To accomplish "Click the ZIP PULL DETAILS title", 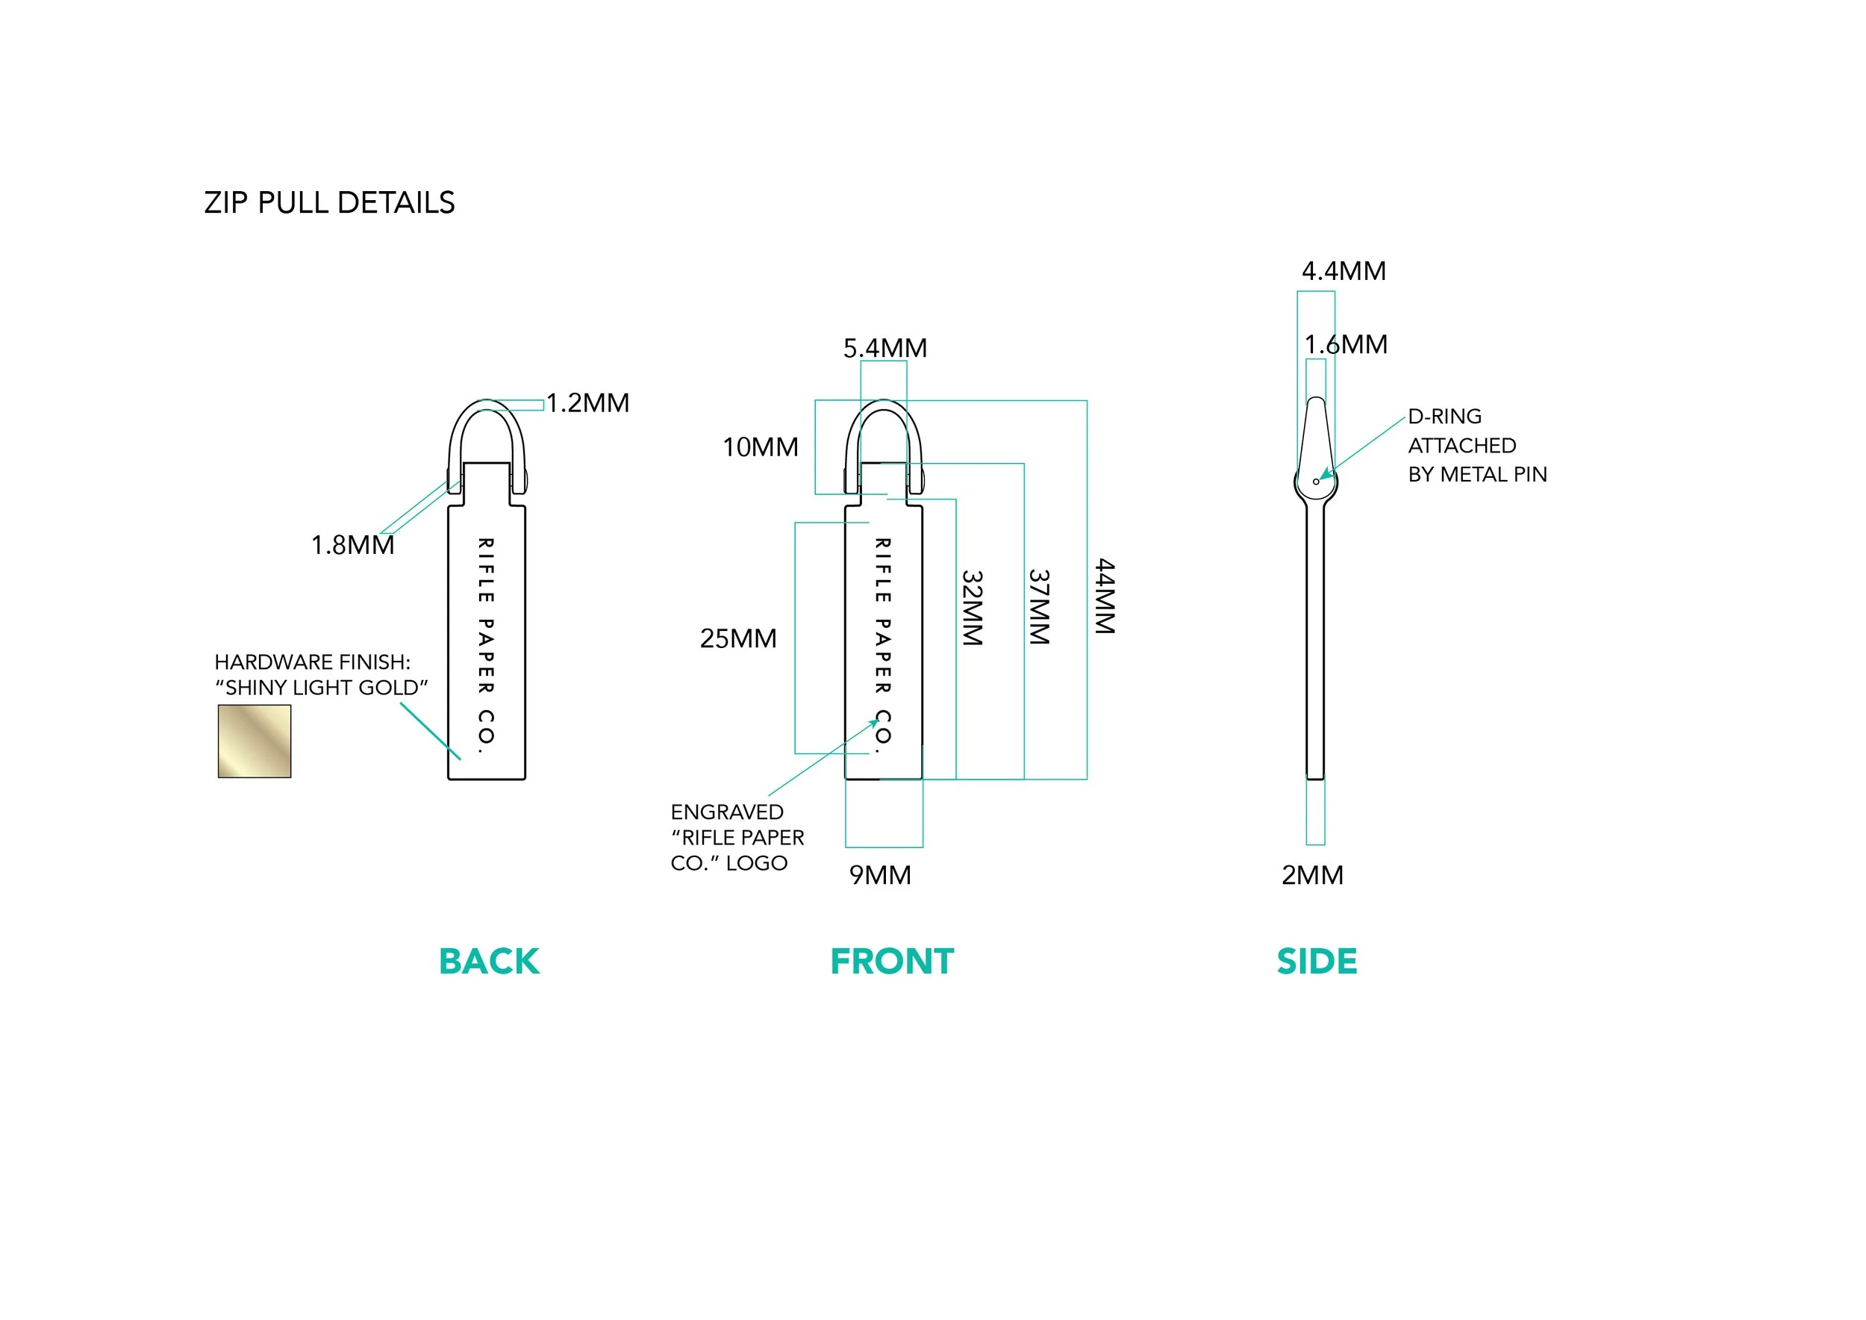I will [x=329, y=202].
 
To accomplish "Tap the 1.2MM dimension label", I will [x=587, y=403].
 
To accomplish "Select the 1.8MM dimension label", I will [x=353, y=544].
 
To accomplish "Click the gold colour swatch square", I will [x=255, y=741].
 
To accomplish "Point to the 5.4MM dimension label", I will [x=885, y=349].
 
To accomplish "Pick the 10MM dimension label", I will [x=761, y=447].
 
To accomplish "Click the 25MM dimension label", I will [x=738, y=639].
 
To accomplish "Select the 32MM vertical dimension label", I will [x=973, y=607].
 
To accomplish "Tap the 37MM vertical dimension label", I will [x=1040, y=607].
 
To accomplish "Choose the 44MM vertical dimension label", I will [x=1105, y=596].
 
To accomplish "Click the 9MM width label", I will [x=880, y=875].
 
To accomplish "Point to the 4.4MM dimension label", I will [x=1344, y=272].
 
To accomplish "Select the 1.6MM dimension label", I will [x=1346, y=345].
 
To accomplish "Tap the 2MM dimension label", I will [x=1312, y=875].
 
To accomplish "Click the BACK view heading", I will [x=489, y=962].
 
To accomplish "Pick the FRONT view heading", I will [x=891, y=962].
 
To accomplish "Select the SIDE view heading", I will [x=1317, y=962].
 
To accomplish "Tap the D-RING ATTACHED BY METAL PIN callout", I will [x=1476, y=446].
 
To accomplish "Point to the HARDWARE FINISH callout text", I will [x=321, y=675].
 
